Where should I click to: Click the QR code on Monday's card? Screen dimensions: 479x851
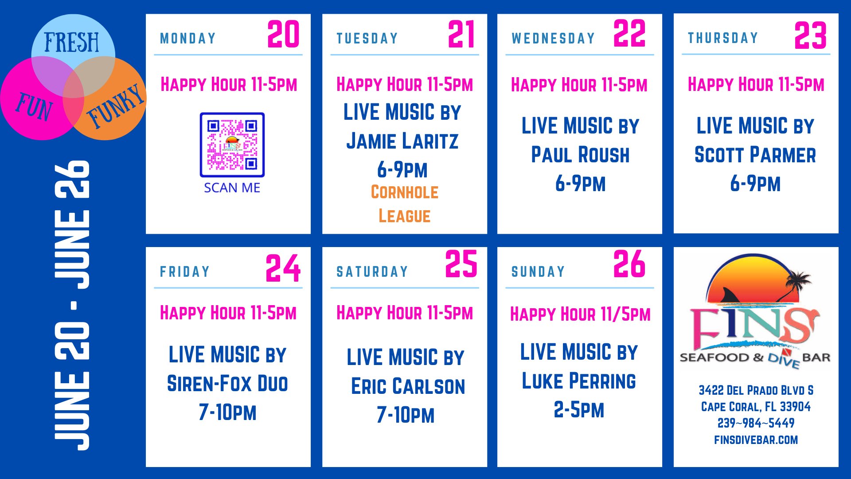(232, 145)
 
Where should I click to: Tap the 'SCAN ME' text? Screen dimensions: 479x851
(232, 188)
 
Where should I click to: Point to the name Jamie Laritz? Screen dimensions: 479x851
(402, 141)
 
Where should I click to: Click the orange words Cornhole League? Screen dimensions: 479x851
(404, 204)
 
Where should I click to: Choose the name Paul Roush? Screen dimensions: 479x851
(580, 155)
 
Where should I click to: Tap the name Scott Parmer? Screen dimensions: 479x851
(755, 155)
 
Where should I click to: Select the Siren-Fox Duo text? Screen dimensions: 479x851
(227, 384)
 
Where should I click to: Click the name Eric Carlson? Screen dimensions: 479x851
(408, 386)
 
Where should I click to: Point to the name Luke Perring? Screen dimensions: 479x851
(579, 381)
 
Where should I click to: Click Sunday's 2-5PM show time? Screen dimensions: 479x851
(579, 410)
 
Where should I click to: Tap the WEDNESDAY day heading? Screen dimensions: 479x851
(553, 39)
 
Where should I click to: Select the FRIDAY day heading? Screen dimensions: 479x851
(185, 271)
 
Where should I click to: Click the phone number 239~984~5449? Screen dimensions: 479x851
(756, 423)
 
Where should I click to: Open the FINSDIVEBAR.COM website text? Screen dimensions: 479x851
(756, 440)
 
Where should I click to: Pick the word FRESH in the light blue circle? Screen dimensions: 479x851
(71, 43)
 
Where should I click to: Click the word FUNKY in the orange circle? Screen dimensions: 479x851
(116, 106)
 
